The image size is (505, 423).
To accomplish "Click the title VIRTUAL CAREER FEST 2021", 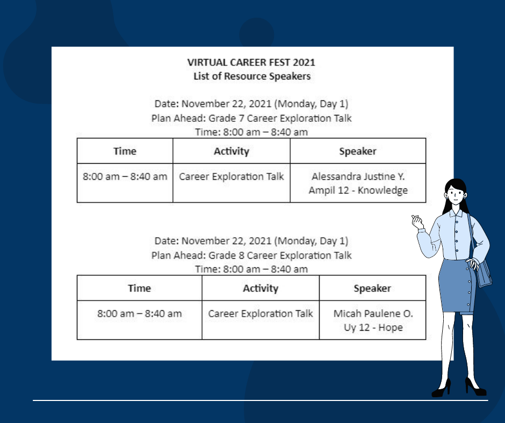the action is tap(251, 62).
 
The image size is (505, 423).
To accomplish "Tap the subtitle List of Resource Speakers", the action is tap(252, 76).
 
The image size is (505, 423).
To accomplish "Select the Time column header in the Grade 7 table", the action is tap(125, 151).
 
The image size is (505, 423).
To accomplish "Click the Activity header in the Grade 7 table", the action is tap(232, 151).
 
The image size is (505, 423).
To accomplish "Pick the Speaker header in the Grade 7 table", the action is tap(358, 151).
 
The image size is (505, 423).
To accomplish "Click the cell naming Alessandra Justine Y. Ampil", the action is tap(358, 183).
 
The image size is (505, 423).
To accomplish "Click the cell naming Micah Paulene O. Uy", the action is tap(373, 320).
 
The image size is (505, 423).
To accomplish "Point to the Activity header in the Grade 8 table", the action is tap(261, 288).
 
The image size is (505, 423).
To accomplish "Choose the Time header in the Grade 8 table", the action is tap(140, 288).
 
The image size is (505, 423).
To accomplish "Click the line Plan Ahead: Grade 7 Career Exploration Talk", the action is tap(251, 118).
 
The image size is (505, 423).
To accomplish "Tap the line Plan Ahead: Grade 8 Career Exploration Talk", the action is tap(251, 256).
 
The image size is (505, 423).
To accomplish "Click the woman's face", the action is tap(456, 195).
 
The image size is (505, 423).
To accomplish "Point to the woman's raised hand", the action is tap(418, 222).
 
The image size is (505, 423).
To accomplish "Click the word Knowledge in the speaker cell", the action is tap(383, 190).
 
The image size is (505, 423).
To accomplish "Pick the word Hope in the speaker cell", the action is tap(391, 327).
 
